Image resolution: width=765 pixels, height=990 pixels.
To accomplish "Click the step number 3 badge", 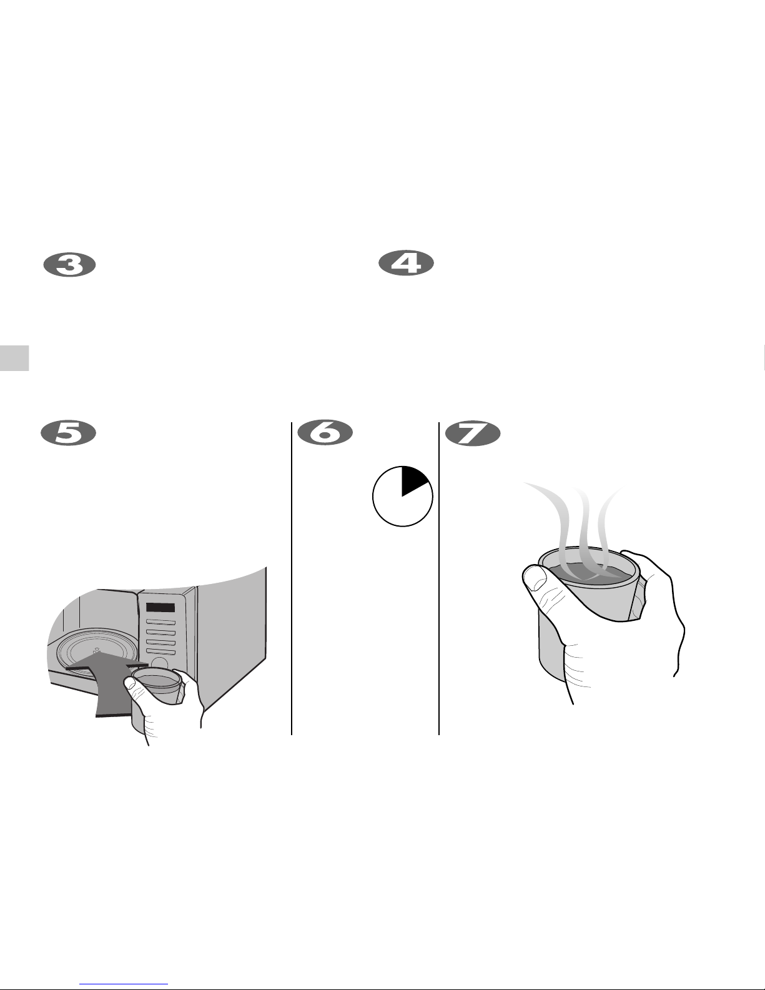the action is (x=70, y=265).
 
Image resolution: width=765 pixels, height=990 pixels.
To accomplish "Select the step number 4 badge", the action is (x=406, y=263).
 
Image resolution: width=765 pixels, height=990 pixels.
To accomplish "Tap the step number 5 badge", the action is (x=68, y=433).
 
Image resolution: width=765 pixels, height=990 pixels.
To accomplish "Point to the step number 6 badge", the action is (x=325, y=433).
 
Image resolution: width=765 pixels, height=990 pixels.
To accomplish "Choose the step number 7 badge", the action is (x=473, y=433).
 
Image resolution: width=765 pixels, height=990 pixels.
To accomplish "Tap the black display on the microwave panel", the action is (x=160, y=608).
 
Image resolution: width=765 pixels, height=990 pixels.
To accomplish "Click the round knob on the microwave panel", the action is (x=159, y=664).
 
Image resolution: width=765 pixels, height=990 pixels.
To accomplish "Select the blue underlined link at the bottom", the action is (x=124, y=984).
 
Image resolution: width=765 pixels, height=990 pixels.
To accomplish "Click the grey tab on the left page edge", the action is (x=14, y=358).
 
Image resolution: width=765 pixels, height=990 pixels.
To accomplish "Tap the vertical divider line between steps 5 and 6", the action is (x=292, y=578).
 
